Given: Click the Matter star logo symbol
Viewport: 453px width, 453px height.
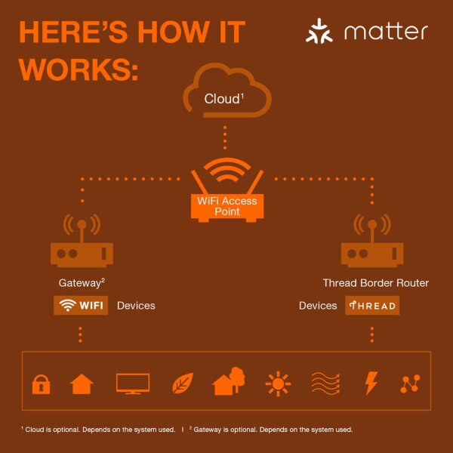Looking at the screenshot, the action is pyautogui.click(x=319, y=31).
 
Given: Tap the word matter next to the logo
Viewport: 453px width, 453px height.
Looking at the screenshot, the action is pyautogui.click(x=386, y=32).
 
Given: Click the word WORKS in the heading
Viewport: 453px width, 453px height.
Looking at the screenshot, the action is pyautogui.click(x=79, y=69).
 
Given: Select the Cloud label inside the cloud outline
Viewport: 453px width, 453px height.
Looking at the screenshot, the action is pyautogui.click(x=224, y=99).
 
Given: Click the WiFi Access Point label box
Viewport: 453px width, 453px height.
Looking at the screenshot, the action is pyautogui.click(x=227, y=206).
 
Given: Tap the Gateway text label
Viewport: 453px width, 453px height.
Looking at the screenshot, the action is pyautogui.click(x=82, y=283).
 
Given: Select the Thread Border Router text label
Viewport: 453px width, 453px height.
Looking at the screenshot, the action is pyautogui.click(x=375, y=283).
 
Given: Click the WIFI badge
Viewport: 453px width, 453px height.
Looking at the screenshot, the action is pyautogui.click(x=81, y=305).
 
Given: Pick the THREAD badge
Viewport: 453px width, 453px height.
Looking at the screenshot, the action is pyautogui.click(x=372, y=305).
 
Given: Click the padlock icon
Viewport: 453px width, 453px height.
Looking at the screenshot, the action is pyautogui.click(x=41, y=384).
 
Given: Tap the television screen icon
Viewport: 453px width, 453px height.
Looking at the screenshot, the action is pyautogui.click(x=133, y=384).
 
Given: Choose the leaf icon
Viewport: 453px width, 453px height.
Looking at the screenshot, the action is pyautogui.click(x=183, y=383).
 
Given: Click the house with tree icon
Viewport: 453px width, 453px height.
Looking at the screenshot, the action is pyautogui.click(x=228, y=381).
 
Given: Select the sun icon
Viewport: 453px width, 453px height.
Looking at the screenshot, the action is pyautogui.click(x=278, y=384).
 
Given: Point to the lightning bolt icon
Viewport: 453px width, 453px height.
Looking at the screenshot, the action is pyautogui.click(x=371, y=383).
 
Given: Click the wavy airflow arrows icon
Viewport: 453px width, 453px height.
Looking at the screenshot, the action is pyautogui.click(x=325, y=384).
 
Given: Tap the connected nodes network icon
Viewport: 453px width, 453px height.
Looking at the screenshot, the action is pyautogui.click(x=410, y=384).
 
